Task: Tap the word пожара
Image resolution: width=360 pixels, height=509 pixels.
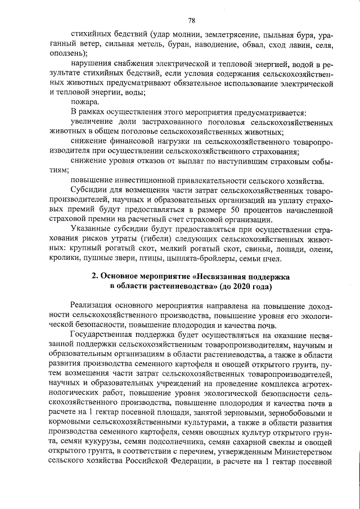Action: coord(84,102)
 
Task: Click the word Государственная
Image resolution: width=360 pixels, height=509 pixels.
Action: coord(105,336)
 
